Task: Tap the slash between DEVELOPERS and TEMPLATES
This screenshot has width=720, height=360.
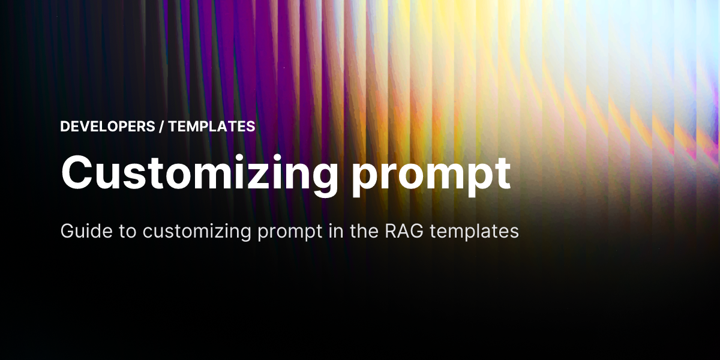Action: click(163, 127)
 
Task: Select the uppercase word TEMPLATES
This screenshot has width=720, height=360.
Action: click(212, 127)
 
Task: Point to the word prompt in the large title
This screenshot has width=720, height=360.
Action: click(431, 172)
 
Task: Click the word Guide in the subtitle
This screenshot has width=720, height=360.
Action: click(77, 231)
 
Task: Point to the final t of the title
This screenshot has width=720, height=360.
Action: click(502, 172)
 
